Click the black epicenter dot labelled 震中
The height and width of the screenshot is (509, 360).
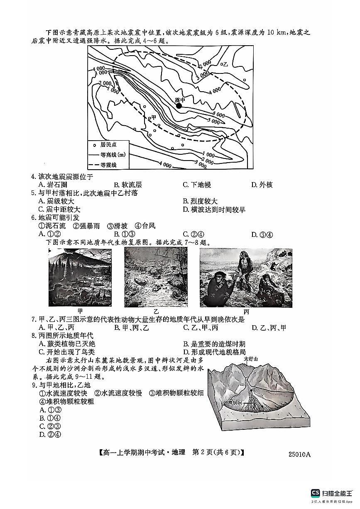[179, 106]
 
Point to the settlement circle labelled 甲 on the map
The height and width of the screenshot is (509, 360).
[149, 118]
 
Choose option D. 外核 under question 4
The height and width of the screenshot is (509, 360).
[262, 185]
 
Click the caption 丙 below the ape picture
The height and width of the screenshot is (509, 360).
[246, 311]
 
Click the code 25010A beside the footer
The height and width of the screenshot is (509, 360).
[299, 454]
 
